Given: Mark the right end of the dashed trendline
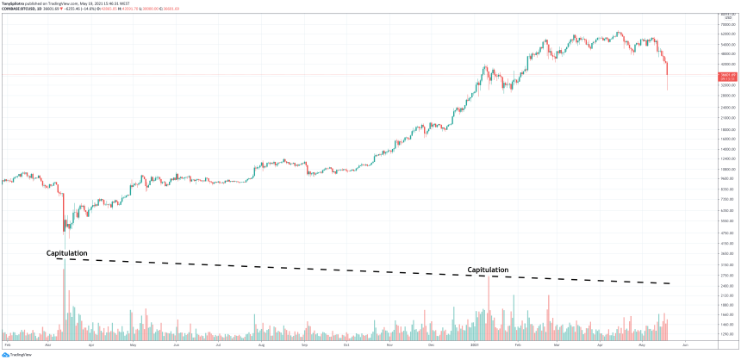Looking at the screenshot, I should point(669,283).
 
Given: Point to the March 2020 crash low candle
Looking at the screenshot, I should point(65,229).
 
